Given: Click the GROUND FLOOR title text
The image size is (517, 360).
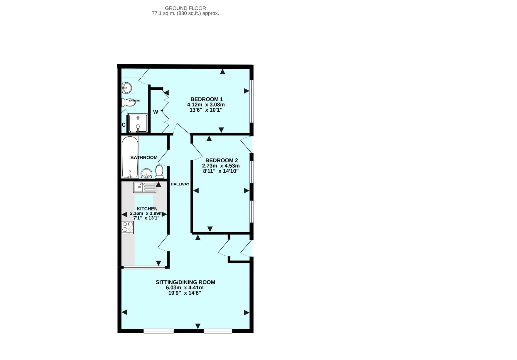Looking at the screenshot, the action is [185, 8].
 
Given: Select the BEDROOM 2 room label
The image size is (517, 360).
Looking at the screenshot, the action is [222, 160].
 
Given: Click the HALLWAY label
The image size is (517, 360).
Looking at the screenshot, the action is [180, 184].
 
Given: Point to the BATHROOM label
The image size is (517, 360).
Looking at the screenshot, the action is [144, 157].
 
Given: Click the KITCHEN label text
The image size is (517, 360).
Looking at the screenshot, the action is [147, 209].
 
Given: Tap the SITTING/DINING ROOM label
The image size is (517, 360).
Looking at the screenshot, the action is [185, 282].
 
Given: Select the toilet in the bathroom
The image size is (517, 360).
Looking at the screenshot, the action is [159, 172].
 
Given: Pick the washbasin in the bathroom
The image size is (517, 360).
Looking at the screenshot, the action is [146, 174].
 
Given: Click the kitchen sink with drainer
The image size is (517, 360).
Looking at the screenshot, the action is [144, 187].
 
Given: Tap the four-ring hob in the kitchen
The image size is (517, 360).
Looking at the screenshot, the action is [128, 227].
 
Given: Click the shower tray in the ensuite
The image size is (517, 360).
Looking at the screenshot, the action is [138, 123].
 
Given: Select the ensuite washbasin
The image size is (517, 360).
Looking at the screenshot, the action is [127, 87].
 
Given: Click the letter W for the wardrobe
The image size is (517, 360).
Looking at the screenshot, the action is [156, 112].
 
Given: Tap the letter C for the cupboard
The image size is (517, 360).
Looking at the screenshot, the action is [124, 125].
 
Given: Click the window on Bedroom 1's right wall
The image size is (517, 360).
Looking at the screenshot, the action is [252, 101].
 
